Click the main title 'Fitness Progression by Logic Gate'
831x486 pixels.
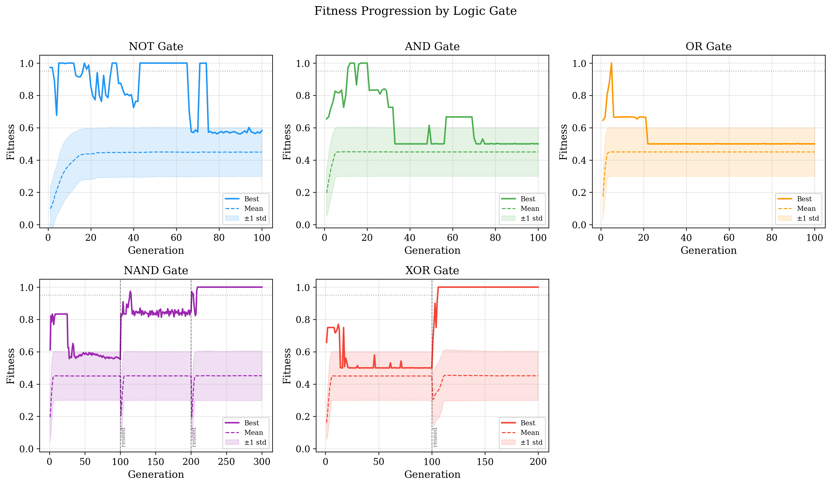click(x=415, y=11)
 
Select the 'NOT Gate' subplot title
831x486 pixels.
click(x=156, y=47)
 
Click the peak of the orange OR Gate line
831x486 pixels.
click(x=611, y=63)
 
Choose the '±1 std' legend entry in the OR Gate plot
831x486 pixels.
click(x=808, y=218)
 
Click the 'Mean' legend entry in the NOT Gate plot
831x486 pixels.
click(x=253, y=208)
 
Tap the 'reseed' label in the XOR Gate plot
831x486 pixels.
click(x=435, y=437)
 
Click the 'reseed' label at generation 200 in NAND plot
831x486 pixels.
click(x=194, y=437)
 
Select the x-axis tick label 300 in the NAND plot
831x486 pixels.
click(x=262, y=462)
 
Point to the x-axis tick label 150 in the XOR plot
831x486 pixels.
click(x=485, y=462)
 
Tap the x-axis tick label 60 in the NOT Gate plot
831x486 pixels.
click(x=176, y=238)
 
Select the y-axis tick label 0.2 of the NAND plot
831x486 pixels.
click(x=26, y=417)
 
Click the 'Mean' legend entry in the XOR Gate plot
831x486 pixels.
click(x=530, y=432)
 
